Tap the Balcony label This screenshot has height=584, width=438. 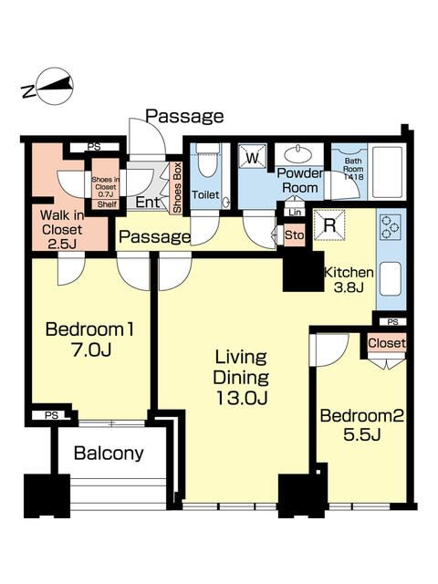[x=109, y=454]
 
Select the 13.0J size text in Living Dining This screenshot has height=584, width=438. [x=241, y=398]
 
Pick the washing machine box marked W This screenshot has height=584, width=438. [x=253, y=157]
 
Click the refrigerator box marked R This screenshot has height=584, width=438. [x=329, y=225]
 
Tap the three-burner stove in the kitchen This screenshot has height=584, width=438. [x=391, y=227]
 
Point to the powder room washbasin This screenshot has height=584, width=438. [x=298, y=153]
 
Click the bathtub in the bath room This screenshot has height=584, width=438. [x=388, y=172]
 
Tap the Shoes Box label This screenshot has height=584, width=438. [x=176, y=187]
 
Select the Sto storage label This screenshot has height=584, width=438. [x=294, y=235]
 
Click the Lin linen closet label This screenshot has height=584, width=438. [x=295, y=213]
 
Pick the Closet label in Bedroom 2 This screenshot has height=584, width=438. [x=387, y=343]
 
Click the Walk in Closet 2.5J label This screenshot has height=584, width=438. [x=62, y=229]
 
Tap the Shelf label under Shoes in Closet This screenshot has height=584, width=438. [x=108, y=204]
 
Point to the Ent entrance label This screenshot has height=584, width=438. [x=148, y=203]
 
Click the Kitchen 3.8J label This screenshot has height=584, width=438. [x=349, y=280]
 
